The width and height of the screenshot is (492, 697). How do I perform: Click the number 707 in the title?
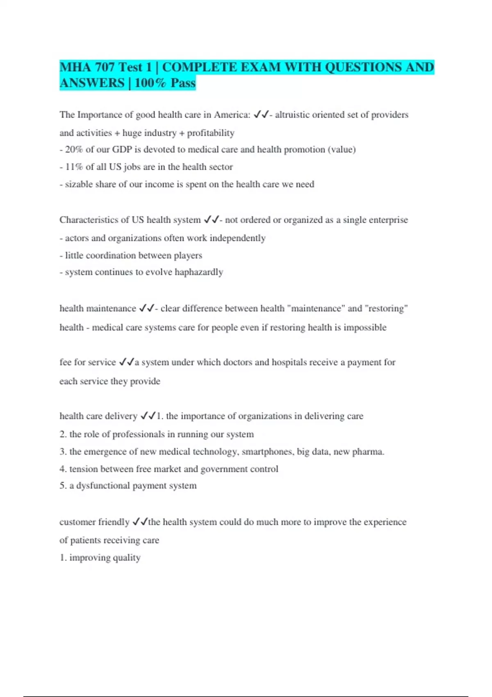pyautogui.click(x=105, y=67)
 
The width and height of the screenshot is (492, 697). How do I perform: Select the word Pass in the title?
pyautogui.click(x=183, y=83)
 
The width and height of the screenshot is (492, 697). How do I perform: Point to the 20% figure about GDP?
pyautogui.click(x=74, y=150)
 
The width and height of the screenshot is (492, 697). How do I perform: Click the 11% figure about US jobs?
pyautogui.click(x=74, y=167)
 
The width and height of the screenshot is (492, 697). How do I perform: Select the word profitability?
pyautogui.click(x=211, y=133)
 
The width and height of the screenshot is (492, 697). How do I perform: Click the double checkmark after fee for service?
pyautogui.click(x=127, y=362)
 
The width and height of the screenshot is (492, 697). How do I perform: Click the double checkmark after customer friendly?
pyautogui.click(x=140, y=522)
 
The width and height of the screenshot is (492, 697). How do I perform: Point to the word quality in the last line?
pyautogui.click(x=127, y=558)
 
